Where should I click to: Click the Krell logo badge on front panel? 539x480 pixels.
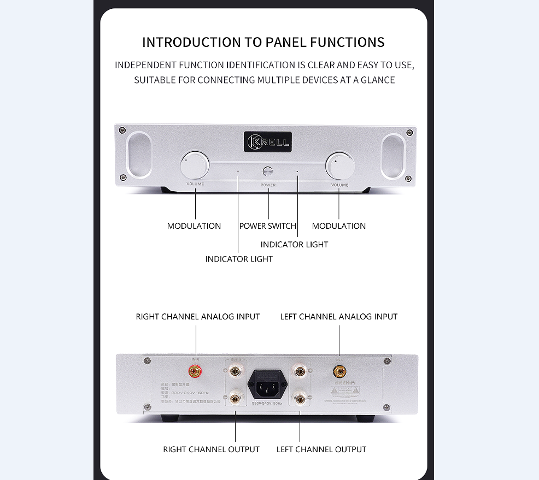click(x=268, y=143)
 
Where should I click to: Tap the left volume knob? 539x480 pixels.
click(x=195, y=165)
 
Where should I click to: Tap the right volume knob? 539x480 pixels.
click(x=339, y=165)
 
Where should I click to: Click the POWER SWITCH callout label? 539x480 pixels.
click(x=268, y=226)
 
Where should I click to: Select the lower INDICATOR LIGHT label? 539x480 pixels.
click(x=239, y=259)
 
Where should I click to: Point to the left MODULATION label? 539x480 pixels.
click(x=194, y=226)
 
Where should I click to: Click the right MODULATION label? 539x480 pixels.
click(x=339, y=226)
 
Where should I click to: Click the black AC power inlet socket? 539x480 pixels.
click(x=267, y=382)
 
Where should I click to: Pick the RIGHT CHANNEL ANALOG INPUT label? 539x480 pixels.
click(x=198, y=317)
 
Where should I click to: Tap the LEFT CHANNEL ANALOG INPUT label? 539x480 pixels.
click(x=339, y=317)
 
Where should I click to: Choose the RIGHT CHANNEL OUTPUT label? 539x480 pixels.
click(x=212, y=449)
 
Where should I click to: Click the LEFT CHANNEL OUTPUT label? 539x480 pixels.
click(x=321, y=449)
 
